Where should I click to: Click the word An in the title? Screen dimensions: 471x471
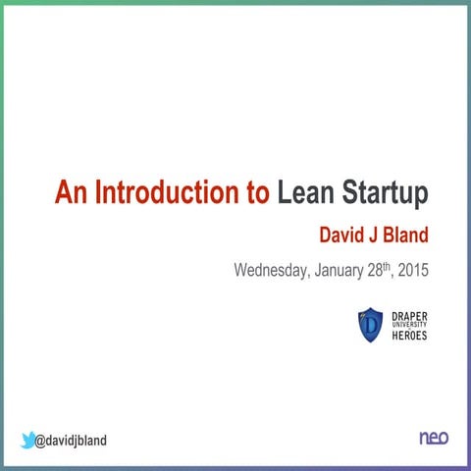71,193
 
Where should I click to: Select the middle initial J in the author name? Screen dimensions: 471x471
373,235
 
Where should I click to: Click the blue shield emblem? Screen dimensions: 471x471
370,325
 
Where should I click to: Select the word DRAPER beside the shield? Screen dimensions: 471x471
410,315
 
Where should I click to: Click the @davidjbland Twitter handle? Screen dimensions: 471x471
71,441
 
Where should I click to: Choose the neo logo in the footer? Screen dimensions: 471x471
433,438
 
